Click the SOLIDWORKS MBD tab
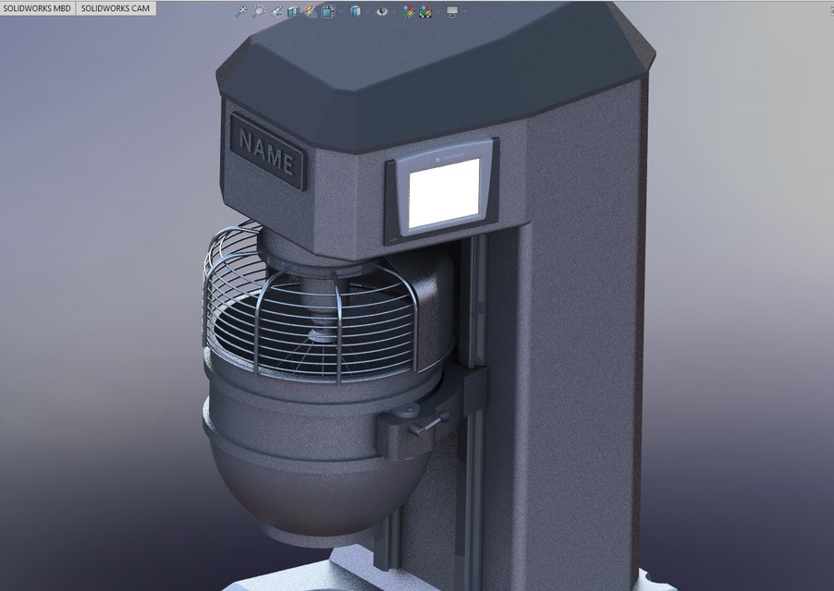tap(37, 8)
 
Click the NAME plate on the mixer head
tap(267, 152)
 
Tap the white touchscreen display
tap(445, 193)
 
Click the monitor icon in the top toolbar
tap(452, 11)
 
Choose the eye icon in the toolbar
tap(382, 11)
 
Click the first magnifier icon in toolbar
tap(242, 11)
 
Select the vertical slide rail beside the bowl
tap(476, 305)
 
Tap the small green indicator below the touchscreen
tap(392, 239)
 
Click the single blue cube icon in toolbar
tap(356, 11)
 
